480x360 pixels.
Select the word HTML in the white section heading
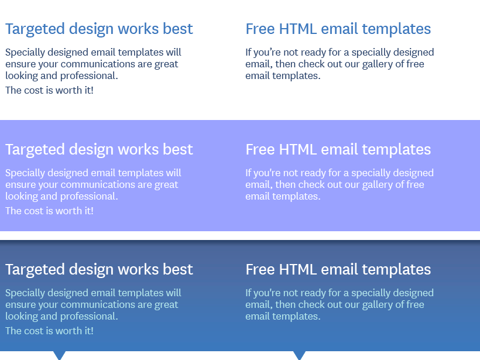coord(298,29)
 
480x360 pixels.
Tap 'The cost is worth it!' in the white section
coord(49,90)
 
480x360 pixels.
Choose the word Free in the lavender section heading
coord(260,149)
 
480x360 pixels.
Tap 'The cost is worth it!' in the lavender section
coord(49,211)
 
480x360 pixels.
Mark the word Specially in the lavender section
coord(25,173)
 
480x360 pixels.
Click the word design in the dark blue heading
coord(91,270)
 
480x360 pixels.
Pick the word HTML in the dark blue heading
coord(298,269)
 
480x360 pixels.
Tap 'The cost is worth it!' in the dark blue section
coord(49,331)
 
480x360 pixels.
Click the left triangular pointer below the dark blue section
coord(59,355)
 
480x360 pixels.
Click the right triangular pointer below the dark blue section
coord(299,355)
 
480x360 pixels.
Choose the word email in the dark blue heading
coord(340,269)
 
